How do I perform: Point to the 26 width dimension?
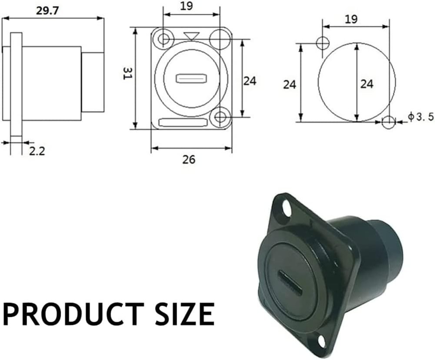pyautogui.click(x=189, y=159)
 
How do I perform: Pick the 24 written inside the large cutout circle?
pyautogui.click(x=367, y=84)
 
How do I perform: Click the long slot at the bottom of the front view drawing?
pyautogui.click(x=183, y=123)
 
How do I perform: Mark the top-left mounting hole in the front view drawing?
pyautogui.click(x=164, y=39)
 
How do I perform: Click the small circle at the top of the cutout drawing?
pyautogui.click(x=323, y=43)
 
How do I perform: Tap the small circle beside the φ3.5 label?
pyautogui.click(x=388, y=122)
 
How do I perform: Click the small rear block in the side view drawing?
pyautogui.click(x=93, y=82)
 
